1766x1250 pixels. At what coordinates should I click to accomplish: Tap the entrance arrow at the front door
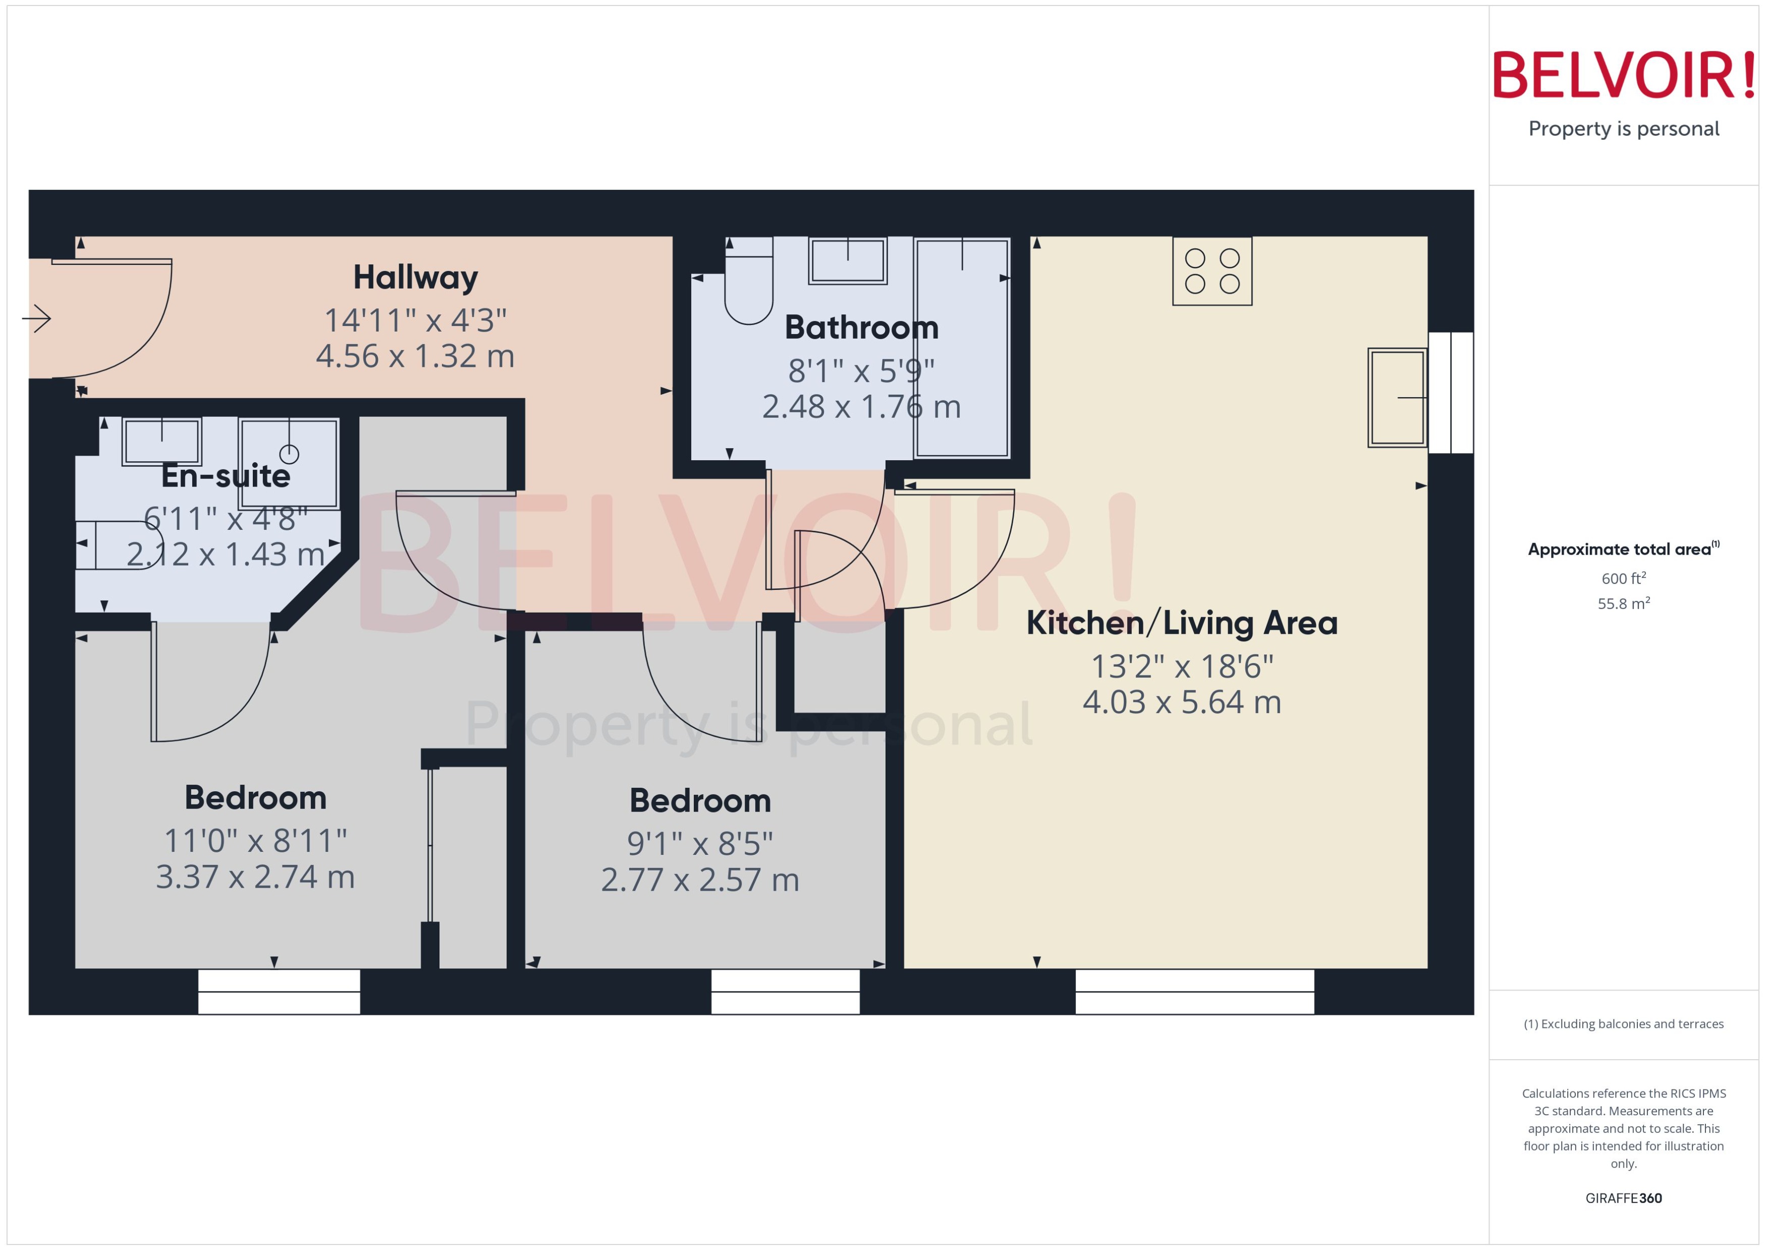(x=36, y=318)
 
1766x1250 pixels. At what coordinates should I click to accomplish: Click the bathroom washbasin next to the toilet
(x=847, y=260)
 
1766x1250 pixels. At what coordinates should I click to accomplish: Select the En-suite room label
(x=226, y=476)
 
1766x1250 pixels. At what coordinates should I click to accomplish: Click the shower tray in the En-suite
(x=289, y=463)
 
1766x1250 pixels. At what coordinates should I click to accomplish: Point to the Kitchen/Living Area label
(x=1181, y=623)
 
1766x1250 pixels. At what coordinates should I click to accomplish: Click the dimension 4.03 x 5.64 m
(x=1181, y=702)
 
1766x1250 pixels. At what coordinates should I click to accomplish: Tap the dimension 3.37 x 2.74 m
(x=255, y=877)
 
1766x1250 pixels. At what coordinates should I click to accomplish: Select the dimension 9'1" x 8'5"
(x=699, y=844)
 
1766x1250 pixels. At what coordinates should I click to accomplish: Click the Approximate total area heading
(x=1621, y=549)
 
